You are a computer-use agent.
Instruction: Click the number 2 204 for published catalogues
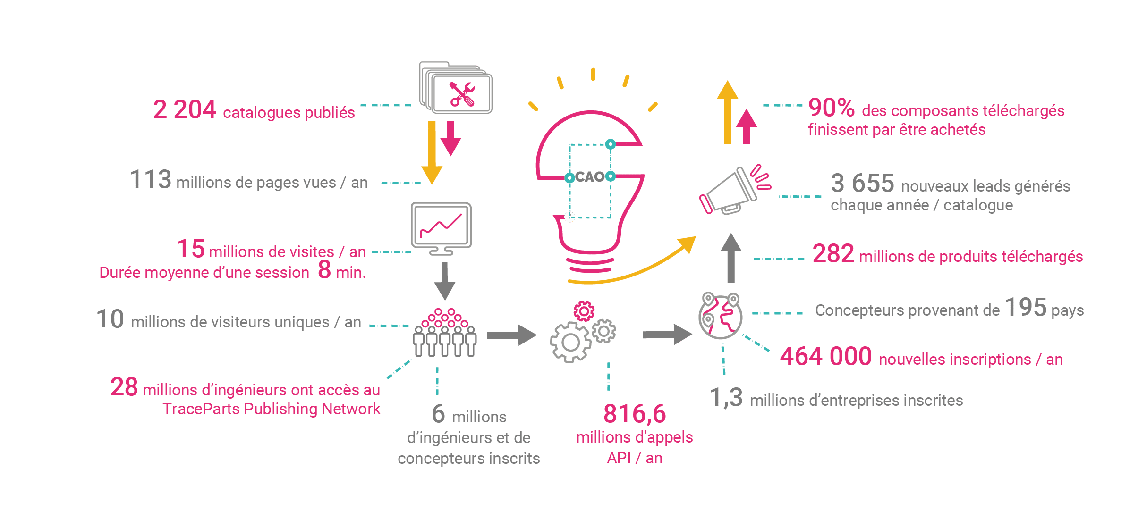click(x=185, y=110)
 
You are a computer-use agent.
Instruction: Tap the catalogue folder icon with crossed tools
click(x=456, y=89)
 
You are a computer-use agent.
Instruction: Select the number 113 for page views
click(x=151, y=180)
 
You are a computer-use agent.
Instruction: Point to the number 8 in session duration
click(x=324, y=270)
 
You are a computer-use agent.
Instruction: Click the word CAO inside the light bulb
click(x=590, y=177)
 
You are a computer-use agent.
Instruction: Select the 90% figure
click(x=831, y=108)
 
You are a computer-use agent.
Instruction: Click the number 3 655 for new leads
click(x=862, y=183)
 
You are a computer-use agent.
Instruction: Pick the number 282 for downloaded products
click(x=833, y=254)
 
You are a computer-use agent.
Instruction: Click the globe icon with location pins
click(x=721, y=316)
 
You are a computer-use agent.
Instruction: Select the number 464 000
click(x=826, y=356)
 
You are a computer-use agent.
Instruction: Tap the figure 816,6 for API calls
click(x=635, y=414)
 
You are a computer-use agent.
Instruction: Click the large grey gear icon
click(x=570, y=342)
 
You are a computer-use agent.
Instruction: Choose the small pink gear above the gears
click(x=584, y=311)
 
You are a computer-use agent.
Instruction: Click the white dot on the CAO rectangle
click(x=570, y=217)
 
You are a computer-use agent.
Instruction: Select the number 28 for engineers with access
click(x=124, y=387)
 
